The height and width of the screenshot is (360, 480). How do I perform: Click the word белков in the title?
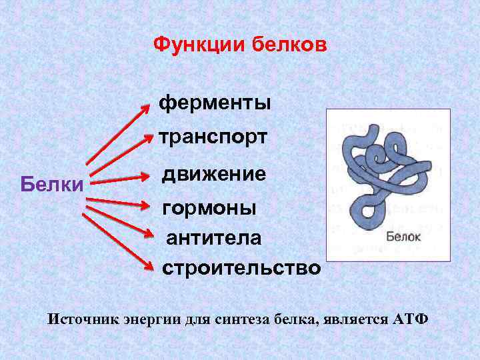(290, 45)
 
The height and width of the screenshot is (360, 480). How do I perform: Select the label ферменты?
(215, 103)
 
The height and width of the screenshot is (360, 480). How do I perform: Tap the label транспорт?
(213, 137)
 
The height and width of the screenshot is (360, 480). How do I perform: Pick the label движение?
(214, 174)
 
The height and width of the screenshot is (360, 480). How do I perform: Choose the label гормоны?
(209, 208)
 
